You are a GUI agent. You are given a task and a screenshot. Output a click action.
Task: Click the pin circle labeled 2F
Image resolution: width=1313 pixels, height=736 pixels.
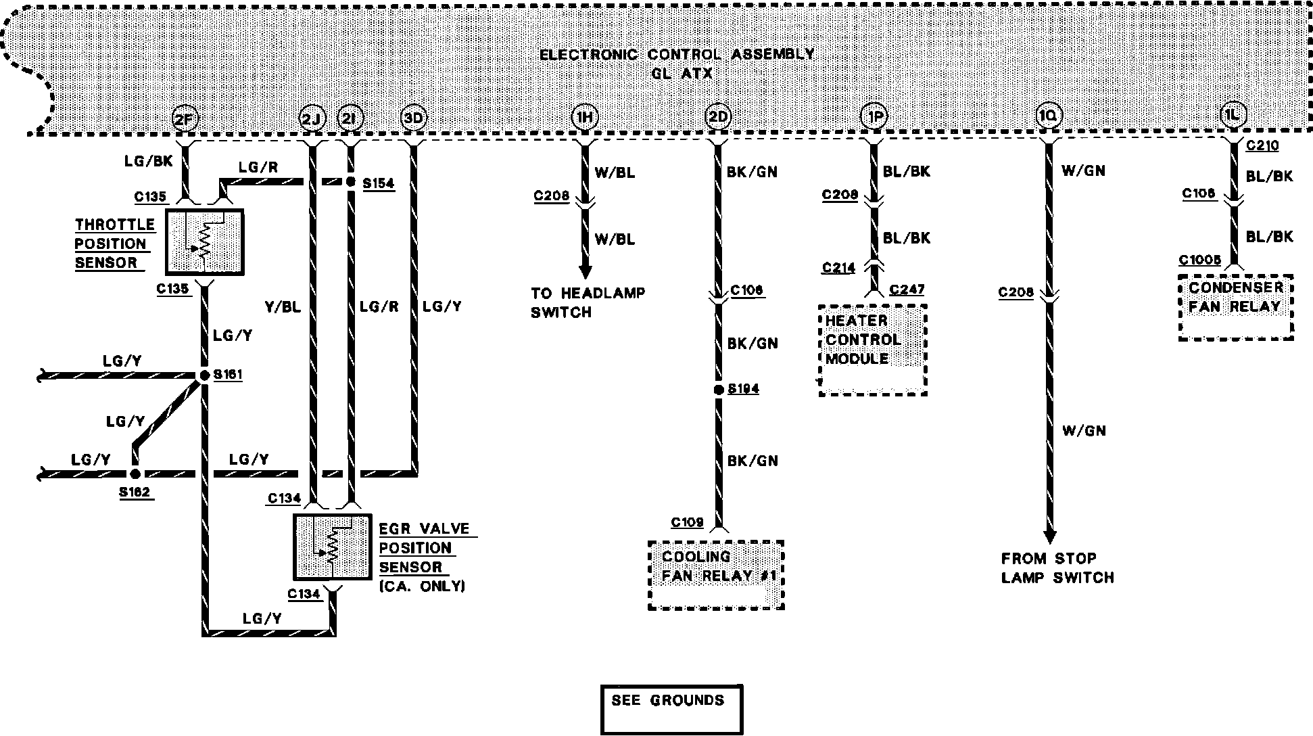pos(184,119)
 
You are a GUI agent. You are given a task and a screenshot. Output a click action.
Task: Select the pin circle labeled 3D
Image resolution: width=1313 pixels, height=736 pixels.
pos(413,118)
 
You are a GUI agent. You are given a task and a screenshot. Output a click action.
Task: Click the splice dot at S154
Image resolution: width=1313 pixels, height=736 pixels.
pos(350,182)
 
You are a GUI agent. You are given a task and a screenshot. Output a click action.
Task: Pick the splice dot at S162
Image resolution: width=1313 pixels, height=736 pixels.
pos(135,474)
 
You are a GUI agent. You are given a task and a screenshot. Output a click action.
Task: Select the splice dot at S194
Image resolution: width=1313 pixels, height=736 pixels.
pos(718,390)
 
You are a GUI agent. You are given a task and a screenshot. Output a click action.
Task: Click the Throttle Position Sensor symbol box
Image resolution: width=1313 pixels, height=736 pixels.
pos(204,242)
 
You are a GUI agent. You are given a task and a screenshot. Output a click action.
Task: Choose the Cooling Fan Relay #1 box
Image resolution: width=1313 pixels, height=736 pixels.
pos(715,575)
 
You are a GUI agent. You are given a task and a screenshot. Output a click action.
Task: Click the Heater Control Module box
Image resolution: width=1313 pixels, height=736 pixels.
pos(872,349)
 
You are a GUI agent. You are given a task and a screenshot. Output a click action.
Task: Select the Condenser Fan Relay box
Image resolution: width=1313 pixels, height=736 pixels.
pos(1235,307)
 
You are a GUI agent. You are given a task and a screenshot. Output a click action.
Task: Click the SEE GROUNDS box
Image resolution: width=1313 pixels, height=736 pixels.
pos(671,709)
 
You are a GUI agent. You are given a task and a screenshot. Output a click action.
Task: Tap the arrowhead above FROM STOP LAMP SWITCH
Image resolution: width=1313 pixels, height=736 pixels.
pos(1049,536)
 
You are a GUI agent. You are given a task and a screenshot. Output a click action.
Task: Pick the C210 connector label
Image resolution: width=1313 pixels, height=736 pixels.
pos(1262,145)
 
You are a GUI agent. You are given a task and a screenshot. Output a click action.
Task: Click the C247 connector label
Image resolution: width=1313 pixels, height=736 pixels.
pos(907,290)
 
